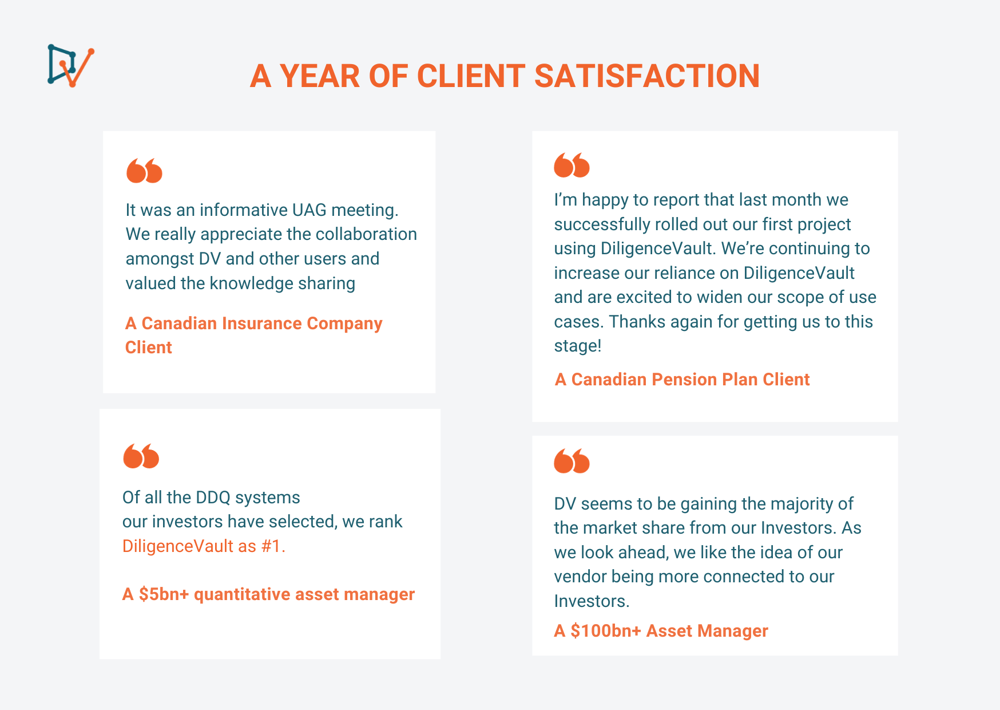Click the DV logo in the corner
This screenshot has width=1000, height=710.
point(71,66)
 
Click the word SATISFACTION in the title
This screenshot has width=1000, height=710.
point(646,76)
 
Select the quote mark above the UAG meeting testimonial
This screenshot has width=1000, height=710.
point(144,171)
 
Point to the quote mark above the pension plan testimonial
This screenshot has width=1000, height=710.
point(572,165)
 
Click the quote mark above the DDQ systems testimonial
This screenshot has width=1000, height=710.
point(141,456)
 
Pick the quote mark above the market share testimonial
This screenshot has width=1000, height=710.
point(572,461)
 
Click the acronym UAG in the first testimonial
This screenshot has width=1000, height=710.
point(309,210)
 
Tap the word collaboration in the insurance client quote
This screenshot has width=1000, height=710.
point(366,234)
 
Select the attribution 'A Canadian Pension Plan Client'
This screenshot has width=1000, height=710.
point(682,380)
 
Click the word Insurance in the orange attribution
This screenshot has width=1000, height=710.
point(261,324)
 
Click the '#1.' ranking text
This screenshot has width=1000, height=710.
point(273,546)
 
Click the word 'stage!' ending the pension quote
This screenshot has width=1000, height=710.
point(577,346)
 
